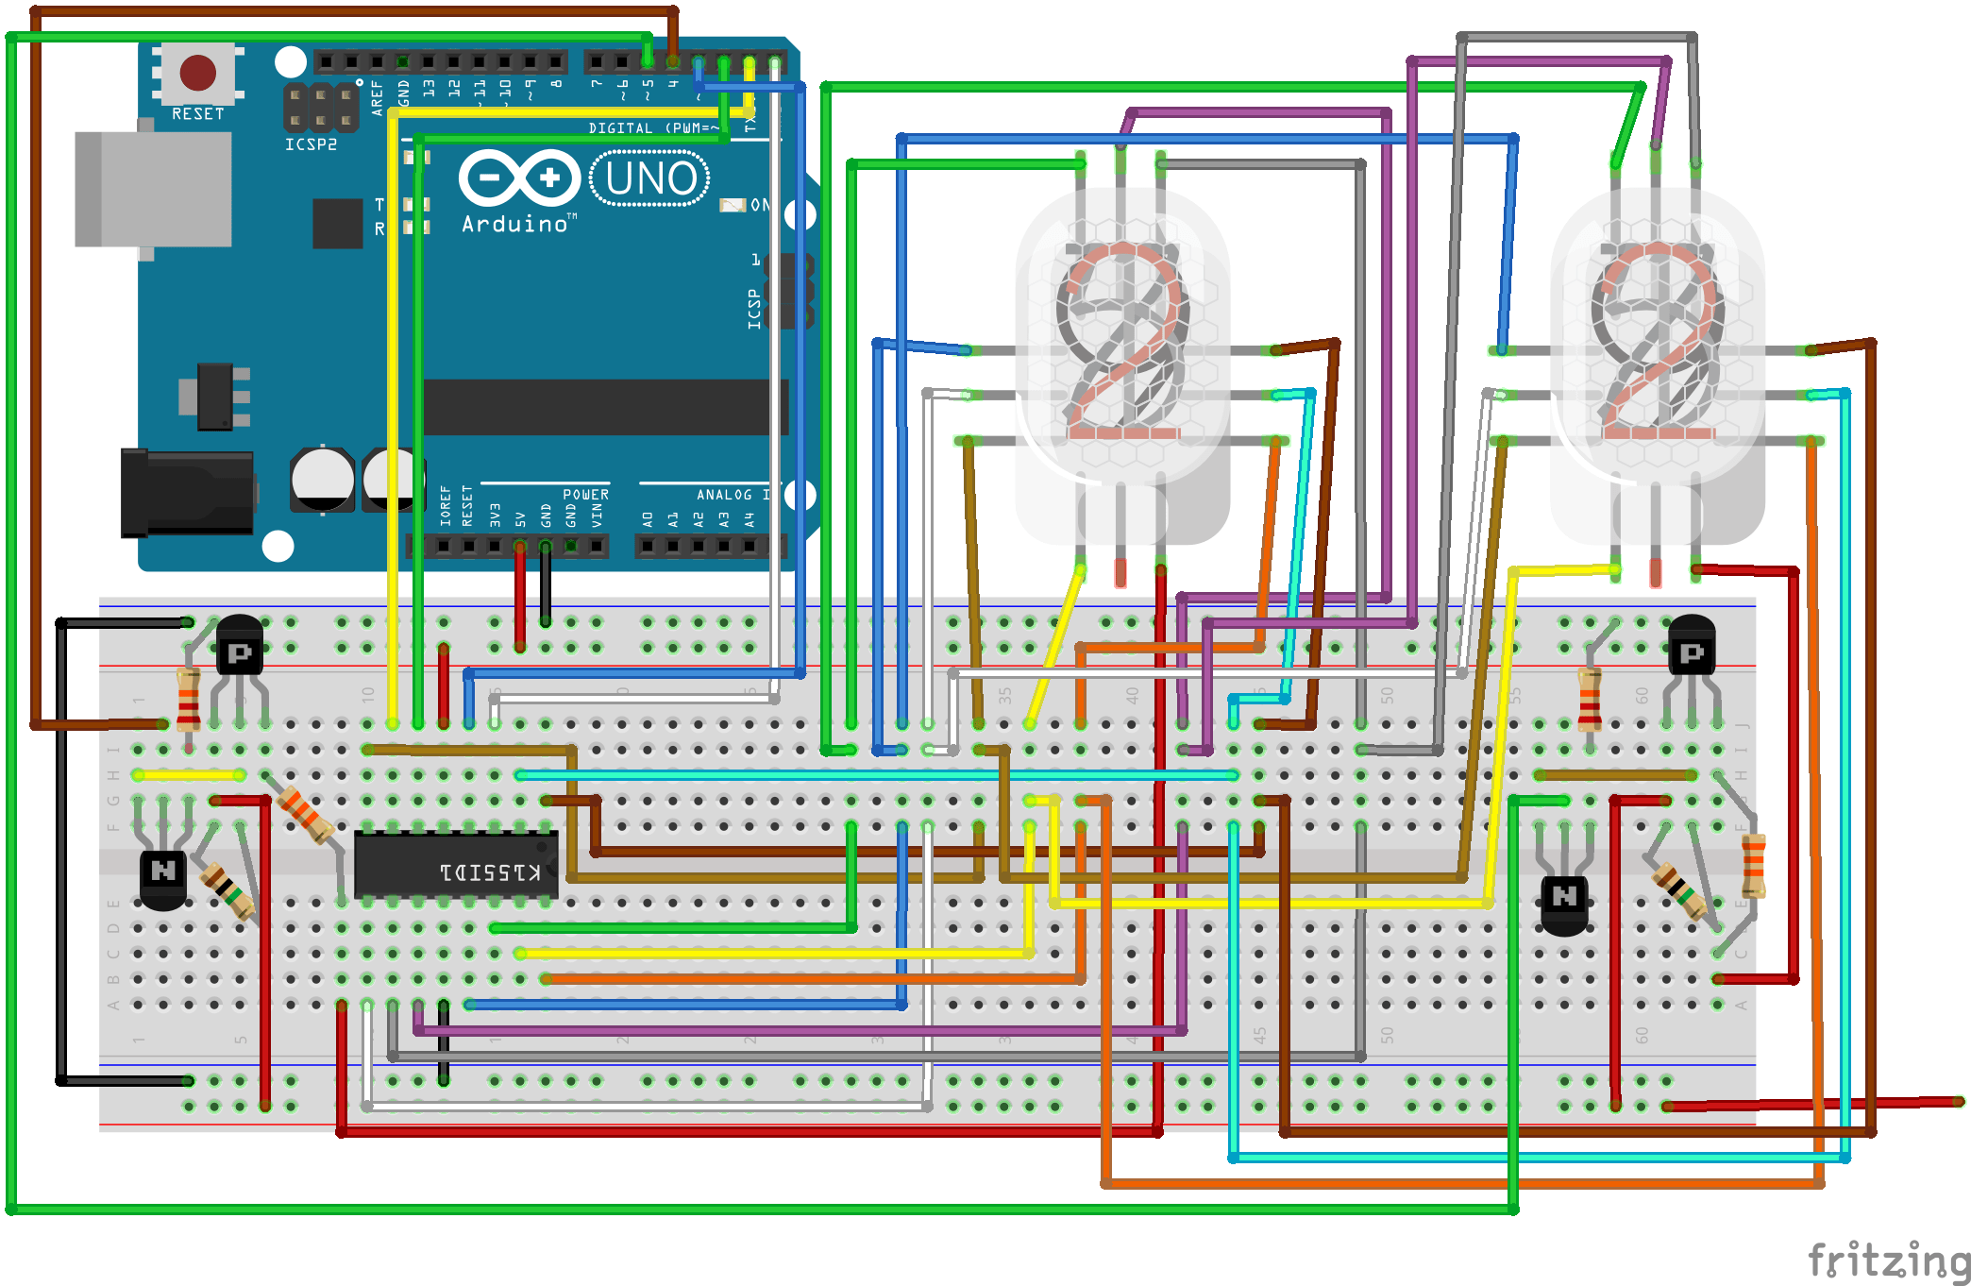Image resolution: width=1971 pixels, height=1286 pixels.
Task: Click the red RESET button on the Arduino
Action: point(197,72)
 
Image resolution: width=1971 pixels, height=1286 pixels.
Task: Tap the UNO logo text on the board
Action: point(650,178)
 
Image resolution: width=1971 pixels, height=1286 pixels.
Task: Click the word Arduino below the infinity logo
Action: point(515,224)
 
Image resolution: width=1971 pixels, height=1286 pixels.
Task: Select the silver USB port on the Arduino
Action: point(154,189)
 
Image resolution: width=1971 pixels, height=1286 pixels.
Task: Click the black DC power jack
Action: point(187,493)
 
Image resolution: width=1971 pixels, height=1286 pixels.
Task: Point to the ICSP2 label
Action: point(311,144)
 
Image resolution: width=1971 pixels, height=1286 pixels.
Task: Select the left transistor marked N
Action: point(163,873)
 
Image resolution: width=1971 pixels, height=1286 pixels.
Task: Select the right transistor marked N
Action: point(1564,899)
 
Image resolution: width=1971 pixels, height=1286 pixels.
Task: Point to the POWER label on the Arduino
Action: point(585,495)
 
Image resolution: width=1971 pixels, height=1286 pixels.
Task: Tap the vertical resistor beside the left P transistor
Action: point(188,700)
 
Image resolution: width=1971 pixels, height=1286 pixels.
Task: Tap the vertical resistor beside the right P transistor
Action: point(1590,700)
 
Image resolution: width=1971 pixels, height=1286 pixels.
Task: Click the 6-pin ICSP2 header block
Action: point(321,108)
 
